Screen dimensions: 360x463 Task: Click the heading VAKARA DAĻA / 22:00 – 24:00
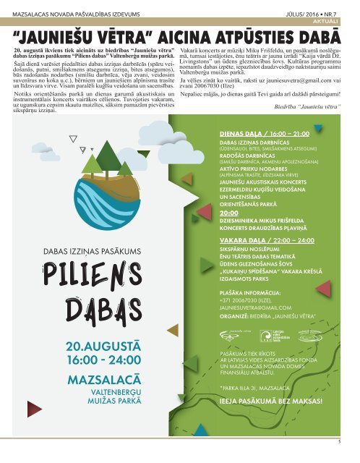pyautogui.click(x=265, y=238)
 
